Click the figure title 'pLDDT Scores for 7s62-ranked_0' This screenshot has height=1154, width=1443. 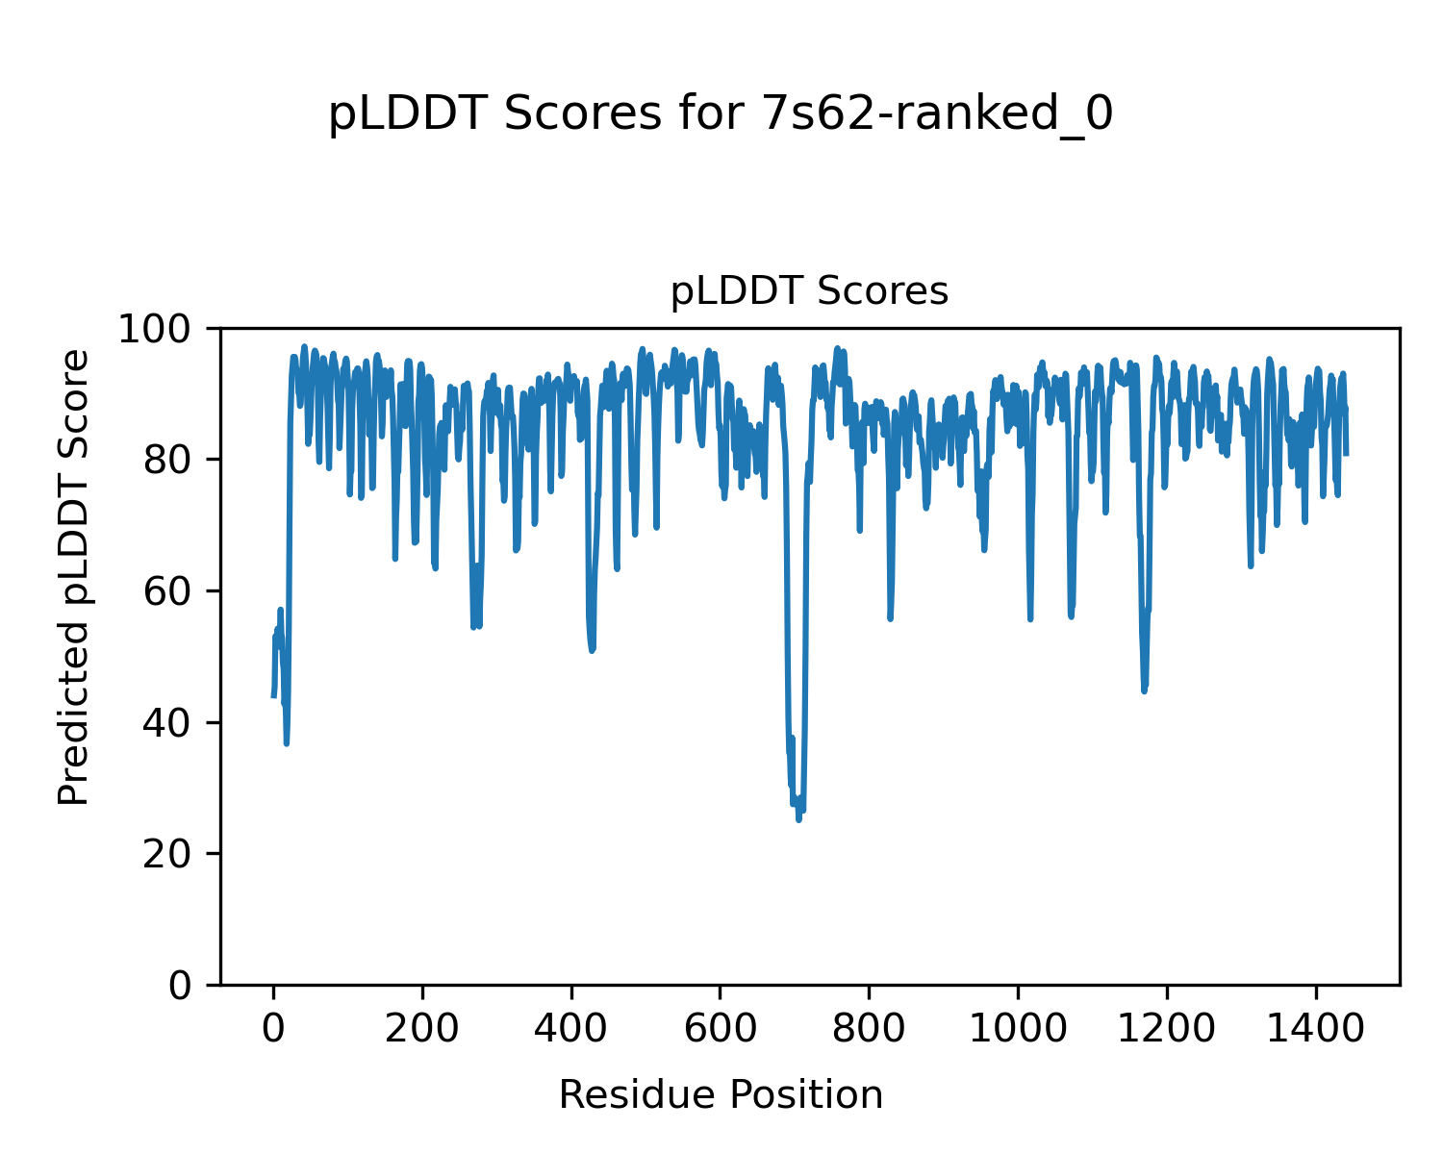tap(721, 115)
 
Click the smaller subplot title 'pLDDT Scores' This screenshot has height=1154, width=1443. tap(809, 291)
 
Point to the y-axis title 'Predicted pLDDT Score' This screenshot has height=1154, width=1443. tap(74, 577)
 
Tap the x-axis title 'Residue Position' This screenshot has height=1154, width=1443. tap(721, 1094)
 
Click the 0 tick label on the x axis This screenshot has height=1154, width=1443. tap(274, 1030)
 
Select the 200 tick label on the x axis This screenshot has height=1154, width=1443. tap(422, 1030)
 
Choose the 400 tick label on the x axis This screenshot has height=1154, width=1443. tap(571, 1030)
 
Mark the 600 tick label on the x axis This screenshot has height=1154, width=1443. tap(721, 1030)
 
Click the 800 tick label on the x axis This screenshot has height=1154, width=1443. tap(869, 1030)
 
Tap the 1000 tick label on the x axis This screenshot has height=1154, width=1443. tap(1018, 1030)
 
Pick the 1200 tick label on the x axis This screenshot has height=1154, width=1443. tap(1167, 1030)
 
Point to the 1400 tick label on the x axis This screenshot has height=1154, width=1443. tap(1315, 1030)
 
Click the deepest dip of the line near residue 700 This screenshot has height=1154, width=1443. tap(798, 819)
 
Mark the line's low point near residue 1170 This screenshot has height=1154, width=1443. tap(1144, 690)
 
